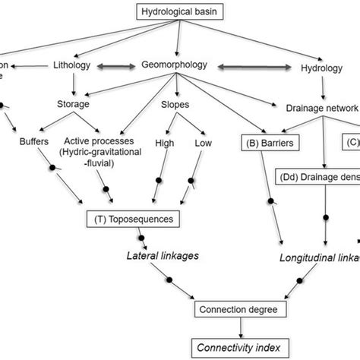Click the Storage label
point(75,104)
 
